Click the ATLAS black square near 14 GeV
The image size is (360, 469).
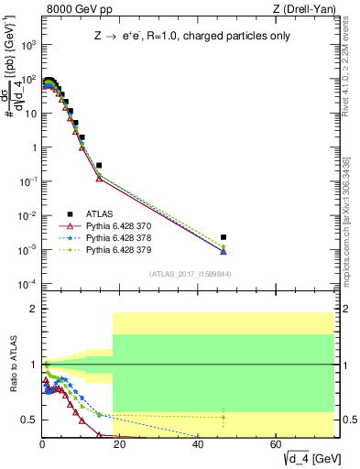click(x=99, y=166)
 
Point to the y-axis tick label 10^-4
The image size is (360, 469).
click(x=26, y=283)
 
